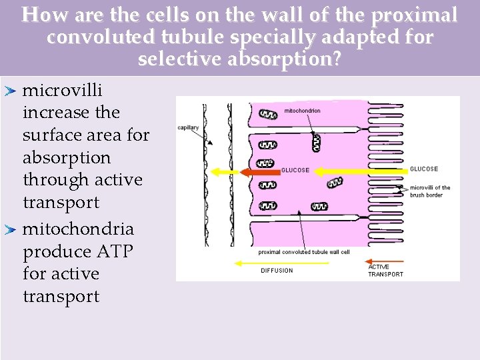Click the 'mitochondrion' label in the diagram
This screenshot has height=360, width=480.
point(303,111)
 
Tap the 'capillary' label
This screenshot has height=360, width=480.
point(188,128)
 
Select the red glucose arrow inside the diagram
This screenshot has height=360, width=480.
point(260,172)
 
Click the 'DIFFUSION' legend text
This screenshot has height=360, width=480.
point(277,271)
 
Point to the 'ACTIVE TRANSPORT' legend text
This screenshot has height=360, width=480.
point(385,271)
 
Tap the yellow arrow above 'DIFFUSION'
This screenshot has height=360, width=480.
point(281,263)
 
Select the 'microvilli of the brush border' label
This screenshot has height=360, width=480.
point(430,191)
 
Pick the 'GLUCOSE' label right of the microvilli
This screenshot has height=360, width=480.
point(424,169)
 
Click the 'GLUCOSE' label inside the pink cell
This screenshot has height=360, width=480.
point(295,171)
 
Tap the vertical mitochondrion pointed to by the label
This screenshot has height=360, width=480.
point(316,142)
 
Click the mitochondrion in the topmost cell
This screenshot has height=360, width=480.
point(267,115)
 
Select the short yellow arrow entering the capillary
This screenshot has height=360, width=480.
point(225,172)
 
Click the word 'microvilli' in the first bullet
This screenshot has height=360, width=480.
point(62,90)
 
